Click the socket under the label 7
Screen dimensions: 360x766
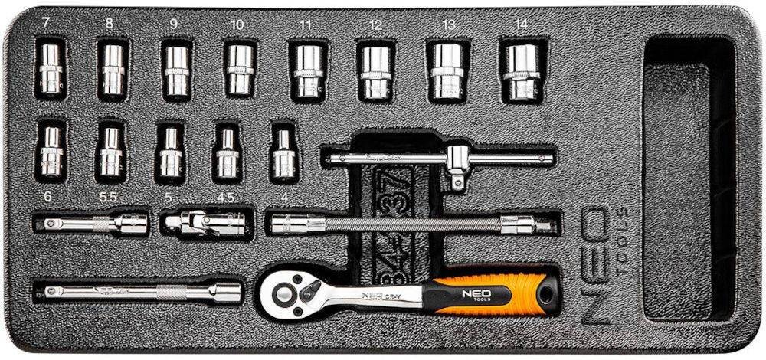tap(51, 70)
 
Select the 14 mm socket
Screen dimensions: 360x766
tap(522, 70)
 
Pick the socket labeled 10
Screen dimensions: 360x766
tap(239, 70)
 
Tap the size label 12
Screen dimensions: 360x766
tap(375, 25)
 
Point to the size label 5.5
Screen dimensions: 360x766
tap(107, 197)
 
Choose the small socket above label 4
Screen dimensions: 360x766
tap(284, 153)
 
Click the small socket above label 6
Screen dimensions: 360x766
tap(51, 152)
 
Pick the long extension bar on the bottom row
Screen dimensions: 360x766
tap(138, 292)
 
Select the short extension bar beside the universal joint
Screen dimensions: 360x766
tap(92, 224)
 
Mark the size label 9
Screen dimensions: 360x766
tap(174, 25)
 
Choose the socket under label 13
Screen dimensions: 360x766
tap(448, 70)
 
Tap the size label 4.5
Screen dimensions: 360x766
tap(225, 197)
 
